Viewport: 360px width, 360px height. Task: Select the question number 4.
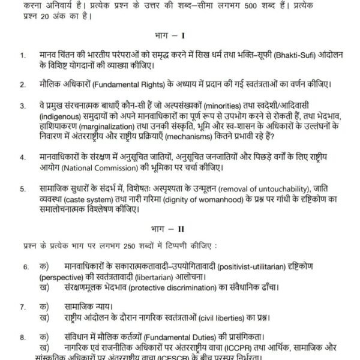click(23, 158)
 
